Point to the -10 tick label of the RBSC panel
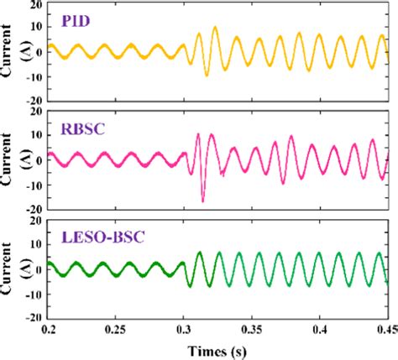pos(34,185)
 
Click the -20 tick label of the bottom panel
pos(34,318)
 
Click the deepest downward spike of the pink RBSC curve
pos(202,201)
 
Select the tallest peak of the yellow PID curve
pos(215,28)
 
